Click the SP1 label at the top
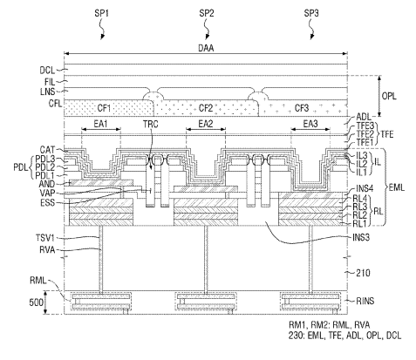click(x=101, y=13)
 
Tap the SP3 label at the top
click(x=311, y=13)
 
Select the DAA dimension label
click(x=206, y=48)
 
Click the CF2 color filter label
click(x=206, y=108)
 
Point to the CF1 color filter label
click(x=104, y=108)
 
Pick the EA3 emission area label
click(x=310, y=124)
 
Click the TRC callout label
click(x=151, y=124)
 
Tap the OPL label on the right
click(x=389, y=96)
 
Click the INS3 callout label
click(x=361, y=237)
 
